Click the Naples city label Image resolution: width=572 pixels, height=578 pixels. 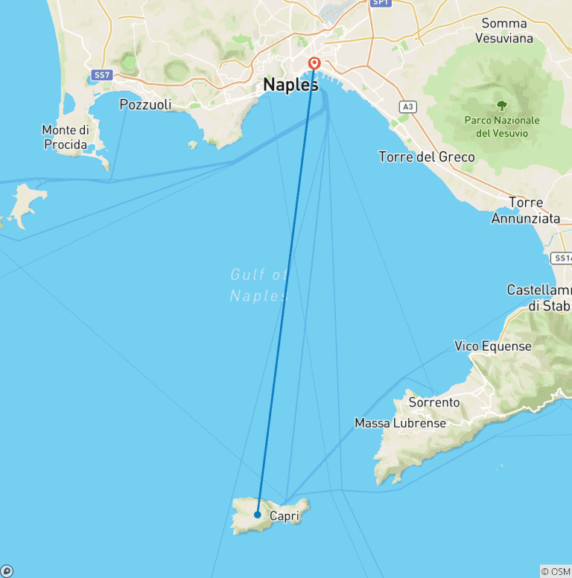tap(290, 86)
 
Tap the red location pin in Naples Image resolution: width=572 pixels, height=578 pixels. tap(314, 65)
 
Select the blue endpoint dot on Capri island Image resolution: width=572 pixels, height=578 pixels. tap(257, 514)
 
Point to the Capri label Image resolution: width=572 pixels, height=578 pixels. tap(285, 515)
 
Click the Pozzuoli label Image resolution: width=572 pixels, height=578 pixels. tap(145, 105)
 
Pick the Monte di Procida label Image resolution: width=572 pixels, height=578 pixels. tap(65, 138)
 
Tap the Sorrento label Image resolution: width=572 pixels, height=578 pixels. tap(434, 402)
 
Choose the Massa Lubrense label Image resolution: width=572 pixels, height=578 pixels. tap(400, 423)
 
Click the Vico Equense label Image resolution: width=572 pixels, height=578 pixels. tap(493, 346)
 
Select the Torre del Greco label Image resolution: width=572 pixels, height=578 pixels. tap(427, 157)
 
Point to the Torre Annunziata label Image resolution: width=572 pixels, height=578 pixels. tap(525, 211)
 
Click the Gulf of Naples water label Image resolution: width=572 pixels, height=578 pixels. tap(258, 285)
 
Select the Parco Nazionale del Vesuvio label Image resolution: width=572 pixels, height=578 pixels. tap(501, 127)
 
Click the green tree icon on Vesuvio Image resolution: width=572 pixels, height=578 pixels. tap(501, 105)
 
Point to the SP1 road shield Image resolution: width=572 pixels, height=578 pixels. tap(381, 3)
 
